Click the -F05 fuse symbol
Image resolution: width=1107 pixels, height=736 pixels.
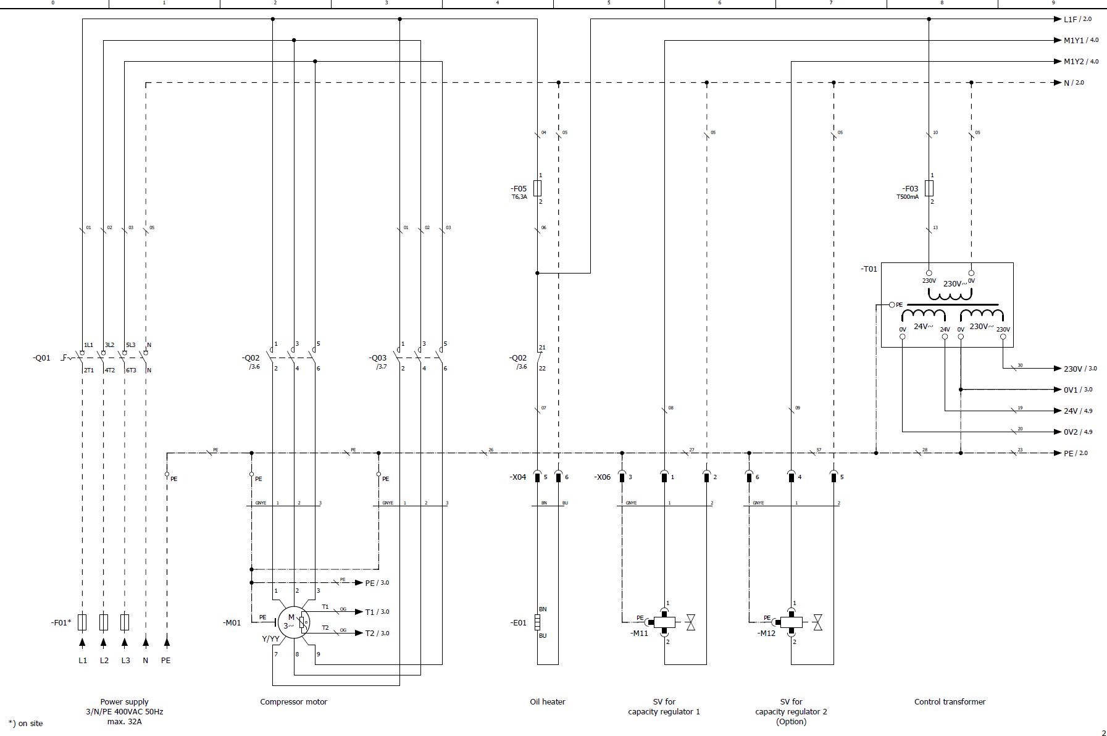coord(537,188)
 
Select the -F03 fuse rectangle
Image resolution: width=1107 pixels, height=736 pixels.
coord(929,188)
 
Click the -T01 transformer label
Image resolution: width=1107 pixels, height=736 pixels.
coord(869,269)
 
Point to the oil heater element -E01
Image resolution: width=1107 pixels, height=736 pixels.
coord(537,622)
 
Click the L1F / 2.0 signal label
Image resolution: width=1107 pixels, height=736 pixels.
coord(1077,19)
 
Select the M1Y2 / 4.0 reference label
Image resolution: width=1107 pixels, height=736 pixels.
coord(1080,62)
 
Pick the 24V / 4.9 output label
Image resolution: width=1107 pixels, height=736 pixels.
coord(1077,411)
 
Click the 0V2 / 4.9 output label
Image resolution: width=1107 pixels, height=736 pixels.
coord(1077,432)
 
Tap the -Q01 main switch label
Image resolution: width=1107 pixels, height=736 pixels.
coord(42,358)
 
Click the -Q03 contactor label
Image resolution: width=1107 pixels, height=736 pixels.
coord(378,358)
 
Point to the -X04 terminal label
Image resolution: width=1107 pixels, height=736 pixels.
coord(517,477)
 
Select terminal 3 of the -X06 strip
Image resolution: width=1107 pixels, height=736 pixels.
coord(622,477)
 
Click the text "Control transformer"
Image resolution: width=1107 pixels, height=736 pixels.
coord(950,701)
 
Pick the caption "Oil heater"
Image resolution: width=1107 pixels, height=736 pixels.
coord(547,701)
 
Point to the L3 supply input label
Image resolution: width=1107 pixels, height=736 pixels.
coord(125,660)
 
